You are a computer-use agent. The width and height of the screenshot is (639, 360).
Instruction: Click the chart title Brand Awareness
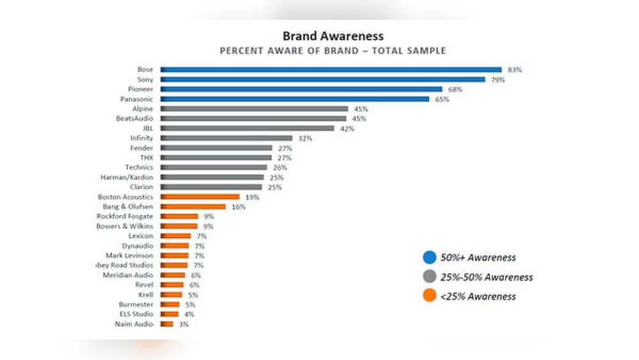pyautogui.click(x=333, y=36)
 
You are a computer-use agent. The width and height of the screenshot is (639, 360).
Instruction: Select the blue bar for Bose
pyautogui.click(x=330, y=69)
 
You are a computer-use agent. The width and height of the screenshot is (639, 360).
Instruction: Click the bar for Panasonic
pyautogui.click(x=295, y=99)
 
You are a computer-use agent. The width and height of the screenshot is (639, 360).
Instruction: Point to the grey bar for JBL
pyautogui.click(x=247, y=128)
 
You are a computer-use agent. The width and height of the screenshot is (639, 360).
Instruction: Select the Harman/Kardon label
pyautogui.click(x=127, y=177)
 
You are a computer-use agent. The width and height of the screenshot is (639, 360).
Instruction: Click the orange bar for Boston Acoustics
pyautogui.click(x=200, y=197)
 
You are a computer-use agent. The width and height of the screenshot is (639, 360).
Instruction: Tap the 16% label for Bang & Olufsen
pyautogui.click(x=238, y=207)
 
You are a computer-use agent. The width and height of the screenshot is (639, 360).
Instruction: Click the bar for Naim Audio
pyautogui.click(x=167, y=324)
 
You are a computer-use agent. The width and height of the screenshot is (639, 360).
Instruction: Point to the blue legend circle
pyautogui.click(x=430, y=258)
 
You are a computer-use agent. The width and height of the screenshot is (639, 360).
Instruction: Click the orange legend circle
pyautogui.click(x=430, y=296)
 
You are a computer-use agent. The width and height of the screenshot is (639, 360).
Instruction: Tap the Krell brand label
pyautogui.click(x=145, y=295)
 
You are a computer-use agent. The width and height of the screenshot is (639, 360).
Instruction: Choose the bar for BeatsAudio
pyautogui.click(x=253, y=118)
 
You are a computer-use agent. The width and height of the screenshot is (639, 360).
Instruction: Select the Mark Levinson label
pyautogui.click(x=129, y=256)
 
